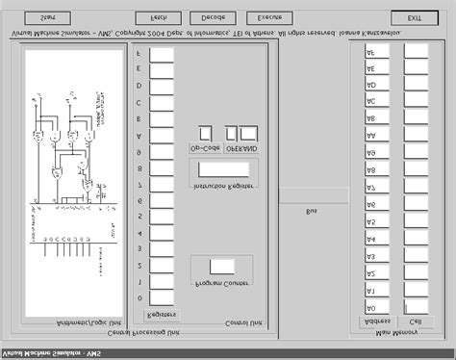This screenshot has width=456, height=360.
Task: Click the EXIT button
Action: (x=414, y=18)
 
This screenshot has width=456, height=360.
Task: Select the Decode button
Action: (x=212, y=18)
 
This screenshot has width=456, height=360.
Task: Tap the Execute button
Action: (x=269, y=18)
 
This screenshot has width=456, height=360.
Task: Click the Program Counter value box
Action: (x=222, y=267)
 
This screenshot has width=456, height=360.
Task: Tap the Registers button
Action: (x=160, y=315)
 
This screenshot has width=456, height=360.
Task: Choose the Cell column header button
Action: (x=415, y=321)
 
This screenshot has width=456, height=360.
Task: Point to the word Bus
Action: (x=311, y=211)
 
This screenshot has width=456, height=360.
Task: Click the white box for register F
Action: (x=162, y=54)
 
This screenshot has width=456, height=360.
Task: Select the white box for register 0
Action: (x=162, y=281)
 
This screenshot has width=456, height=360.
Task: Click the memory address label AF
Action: (x=370, y=52)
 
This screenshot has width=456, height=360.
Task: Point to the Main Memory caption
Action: (x=396, y=334)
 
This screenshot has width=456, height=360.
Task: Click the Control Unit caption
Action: (x=219, y=321)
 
